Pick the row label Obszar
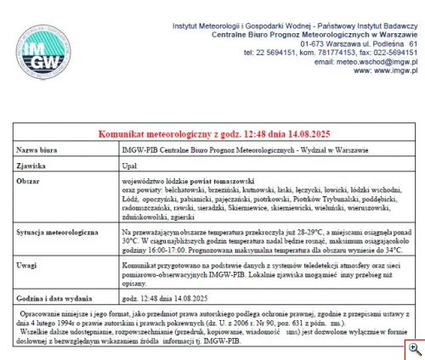(30, 182)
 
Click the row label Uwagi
(28, 266)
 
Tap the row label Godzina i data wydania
(55, 299)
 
